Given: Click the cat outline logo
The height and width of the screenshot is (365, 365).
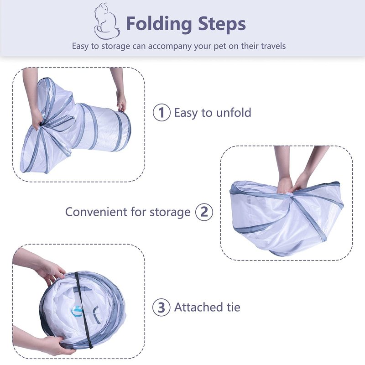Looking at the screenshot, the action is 107,21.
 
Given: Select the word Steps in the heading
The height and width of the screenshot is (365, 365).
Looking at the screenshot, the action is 222,24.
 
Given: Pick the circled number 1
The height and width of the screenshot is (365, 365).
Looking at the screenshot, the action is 162,112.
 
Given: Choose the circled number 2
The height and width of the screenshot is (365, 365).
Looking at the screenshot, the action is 204,212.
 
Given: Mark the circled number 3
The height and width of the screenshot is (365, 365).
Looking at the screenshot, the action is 162,307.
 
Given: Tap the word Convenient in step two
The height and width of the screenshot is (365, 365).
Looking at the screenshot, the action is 96,212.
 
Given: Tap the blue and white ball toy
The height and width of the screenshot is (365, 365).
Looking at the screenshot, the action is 76,312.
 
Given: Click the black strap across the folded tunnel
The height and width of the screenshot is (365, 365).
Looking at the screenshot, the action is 83,310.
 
